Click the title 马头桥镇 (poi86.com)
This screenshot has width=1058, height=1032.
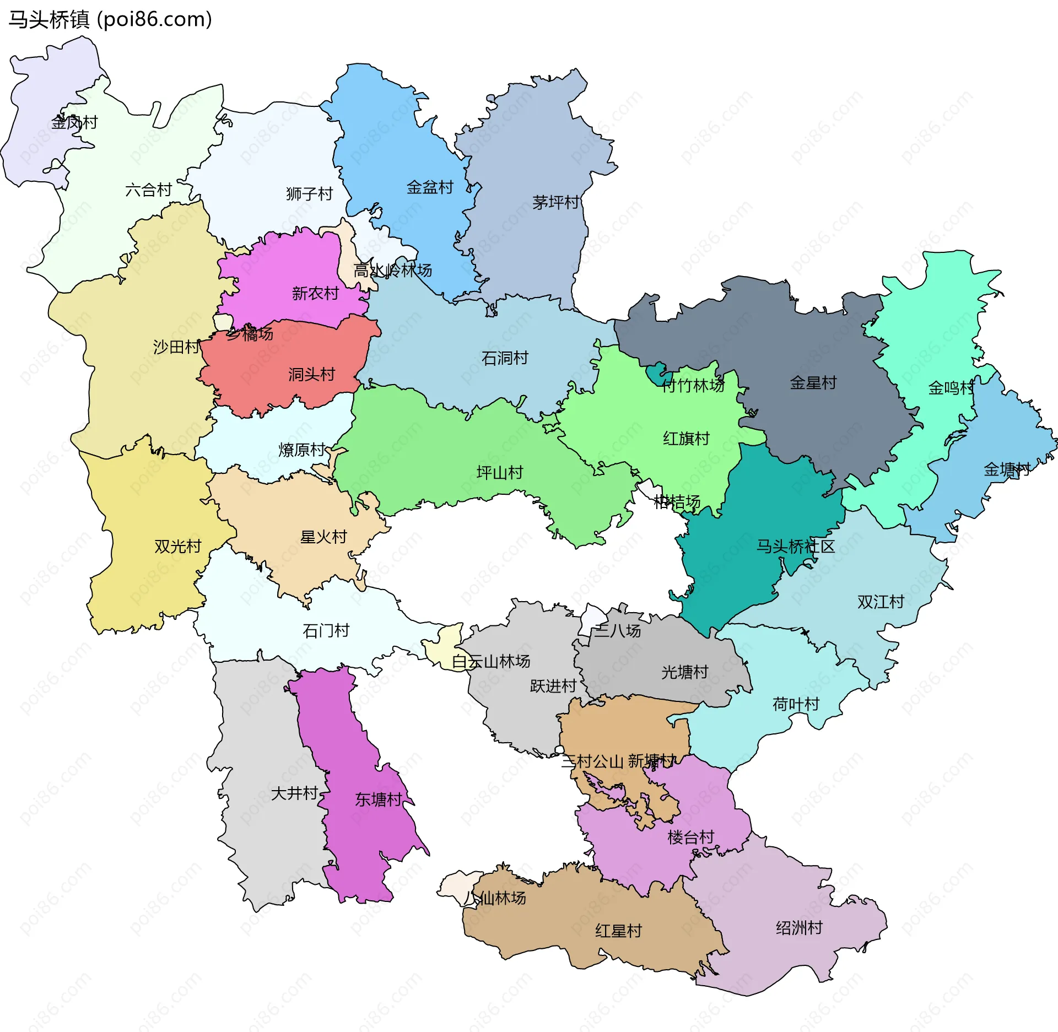click(x=110, y=20)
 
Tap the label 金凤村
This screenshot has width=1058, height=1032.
click(x=74, y=122)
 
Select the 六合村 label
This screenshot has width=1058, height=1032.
click(x=149, y=190)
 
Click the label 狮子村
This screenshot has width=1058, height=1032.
click(x=310, y=194)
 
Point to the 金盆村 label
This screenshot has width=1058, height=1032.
click(x=430, y=187)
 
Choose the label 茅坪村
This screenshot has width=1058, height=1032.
click(x=555, y=203)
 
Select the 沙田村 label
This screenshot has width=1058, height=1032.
click(x=176, y=347)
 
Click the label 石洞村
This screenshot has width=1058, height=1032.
click(x=505, y=358)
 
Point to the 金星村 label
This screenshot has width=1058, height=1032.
click(x=813, y=383)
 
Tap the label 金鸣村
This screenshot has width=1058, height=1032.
click(x=951, y=388)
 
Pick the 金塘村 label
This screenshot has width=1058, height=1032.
click(x=1007, y=469)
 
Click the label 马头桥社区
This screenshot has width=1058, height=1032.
click(x=795, y=547)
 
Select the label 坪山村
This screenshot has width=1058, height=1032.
click(x=499, y=473)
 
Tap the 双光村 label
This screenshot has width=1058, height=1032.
click(x=178, y=547)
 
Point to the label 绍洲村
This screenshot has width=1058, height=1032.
click(x=799, y=928)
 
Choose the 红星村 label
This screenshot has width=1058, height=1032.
click(x=618, y=931)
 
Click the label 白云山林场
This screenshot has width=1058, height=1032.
click(x=491, y=661)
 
